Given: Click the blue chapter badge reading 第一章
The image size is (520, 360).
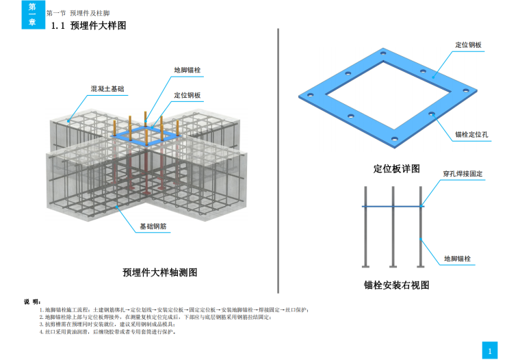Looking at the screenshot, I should (x=32, y=14).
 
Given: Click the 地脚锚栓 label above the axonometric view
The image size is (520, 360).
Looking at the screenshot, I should (x=187, y=70).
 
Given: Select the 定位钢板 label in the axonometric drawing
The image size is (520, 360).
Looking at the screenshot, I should (x=187, y=95).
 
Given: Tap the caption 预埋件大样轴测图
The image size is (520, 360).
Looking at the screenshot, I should (x=160, y=272).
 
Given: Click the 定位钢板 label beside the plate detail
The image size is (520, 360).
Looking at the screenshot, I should (x=469, y=45).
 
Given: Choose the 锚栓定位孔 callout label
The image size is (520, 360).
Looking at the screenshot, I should (x=471, y=134).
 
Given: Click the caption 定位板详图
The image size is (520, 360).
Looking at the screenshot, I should (x=397, y=168).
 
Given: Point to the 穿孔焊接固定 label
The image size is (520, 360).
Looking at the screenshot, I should (x=463, y=174).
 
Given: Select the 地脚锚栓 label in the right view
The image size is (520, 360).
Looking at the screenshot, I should (x=460, y=259).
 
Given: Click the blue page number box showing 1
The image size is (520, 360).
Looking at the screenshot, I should (x=489, y=350).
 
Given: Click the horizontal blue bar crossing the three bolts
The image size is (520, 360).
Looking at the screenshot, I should (x=392, y=206).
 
